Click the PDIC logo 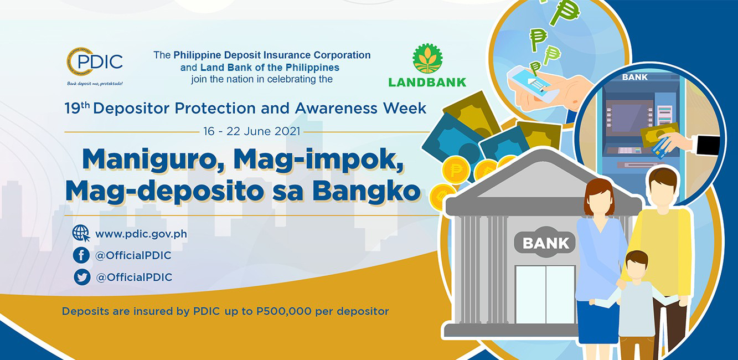coord(95,66)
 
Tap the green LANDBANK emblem coord(427,58)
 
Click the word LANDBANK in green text coord(427,82)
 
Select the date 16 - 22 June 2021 coord(252,131)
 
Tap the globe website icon coord(81,233)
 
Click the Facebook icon coord(81,255)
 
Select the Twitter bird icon coord(82,277)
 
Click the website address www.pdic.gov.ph coord(141,234)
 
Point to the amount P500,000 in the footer coord(283,311)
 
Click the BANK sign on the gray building coord(545,243)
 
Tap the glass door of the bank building coord(545,295)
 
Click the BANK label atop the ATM coord(634,77)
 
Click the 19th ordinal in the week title coord(77,107)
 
